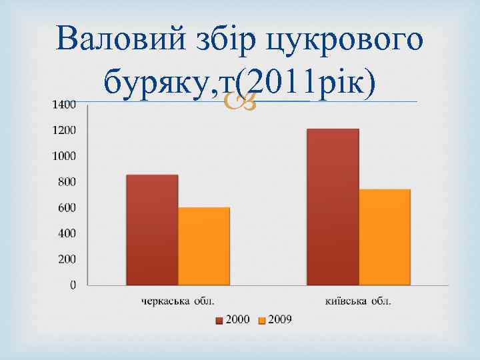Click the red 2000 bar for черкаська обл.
[x=152, y=230]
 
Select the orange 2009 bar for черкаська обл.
[x=204, y=246]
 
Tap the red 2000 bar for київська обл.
[x=333, y=207]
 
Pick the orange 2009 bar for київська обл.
[x=385, y=237]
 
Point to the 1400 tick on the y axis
[x=64, y=104]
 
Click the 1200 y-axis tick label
[x=64, y=130]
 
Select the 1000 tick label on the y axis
[x=64, y=156]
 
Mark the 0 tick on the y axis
[x=73, y=285]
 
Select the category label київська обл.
[x=359, y=301]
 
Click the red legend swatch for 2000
[x=219, y=321]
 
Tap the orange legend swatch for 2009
[x=262, y=321]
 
